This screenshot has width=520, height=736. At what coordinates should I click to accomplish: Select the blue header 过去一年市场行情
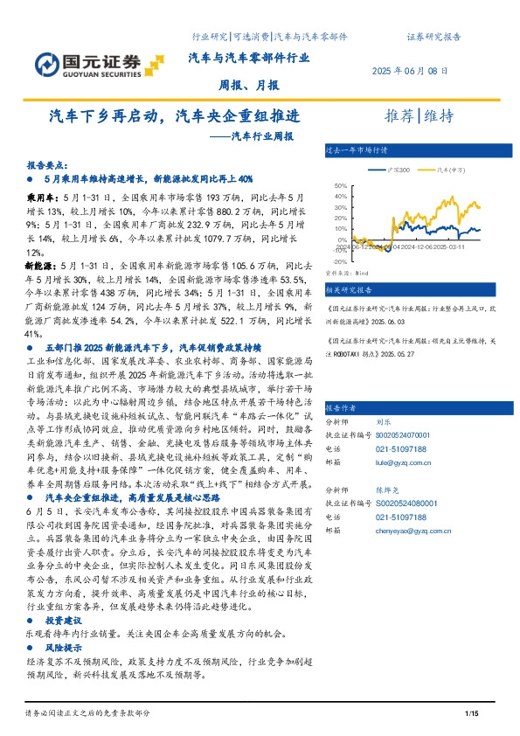pos(355,149)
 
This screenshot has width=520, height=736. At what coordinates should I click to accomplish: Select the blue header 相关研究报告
pos(348,288)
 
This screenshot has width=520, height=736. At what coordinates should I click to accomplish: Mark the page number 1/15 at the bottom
pos(473,716)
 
